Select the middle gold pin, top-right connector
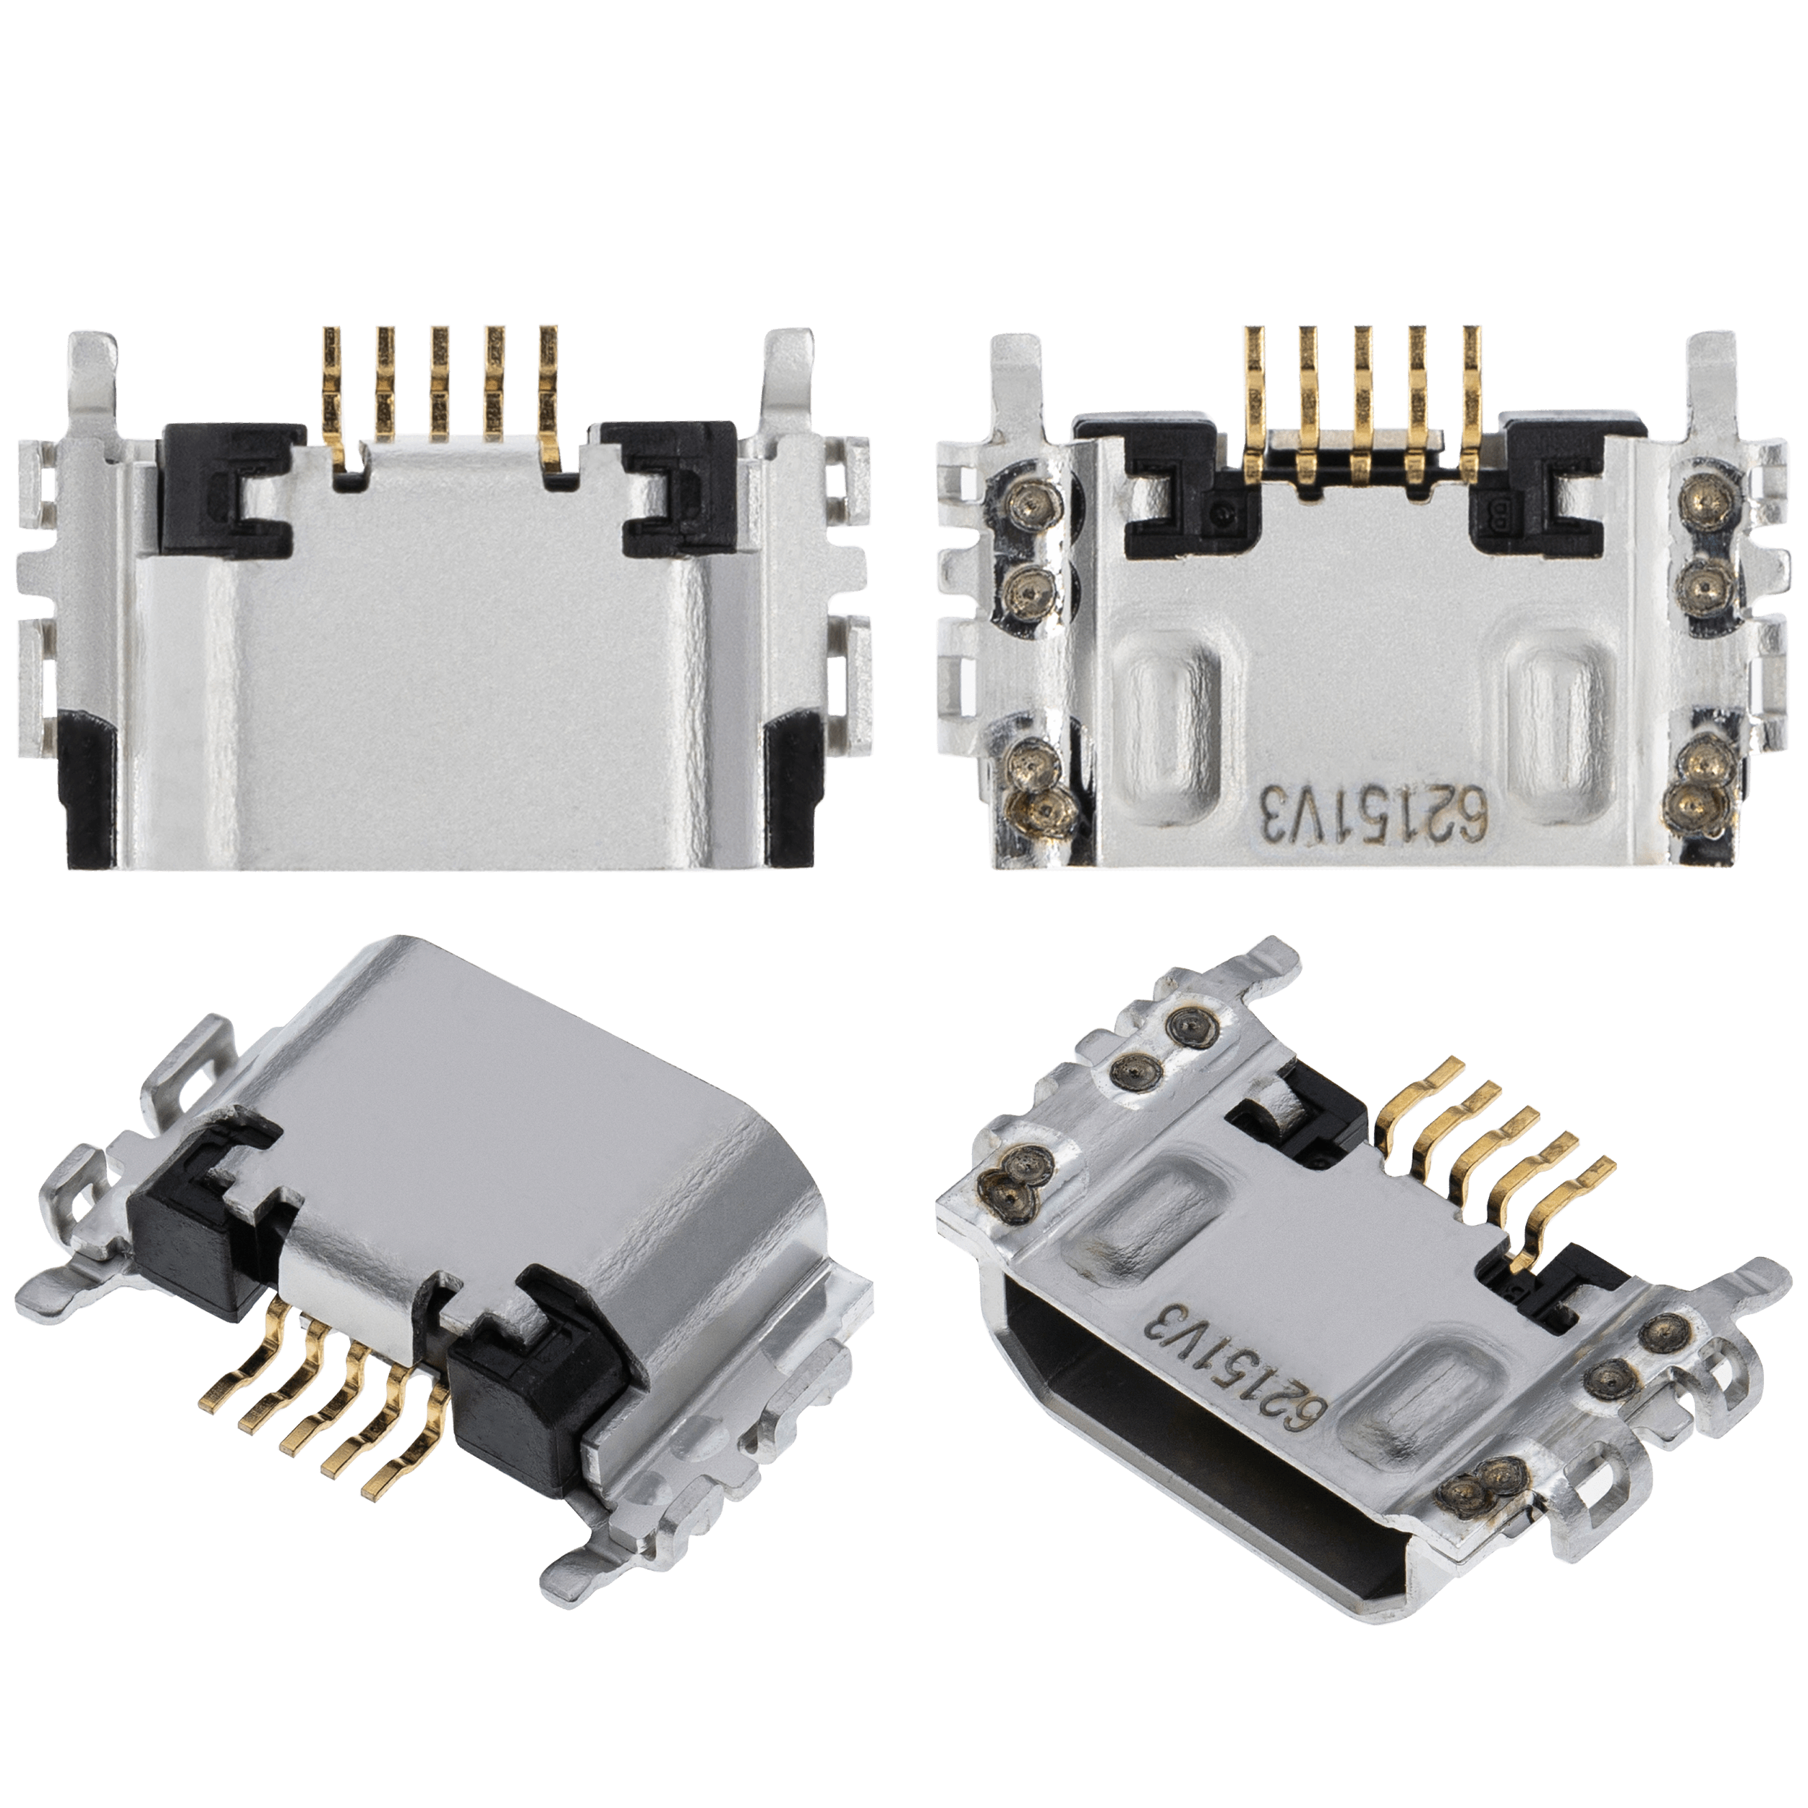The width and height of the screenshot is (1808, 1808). pyautogui.click(x=1363, y=393)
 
